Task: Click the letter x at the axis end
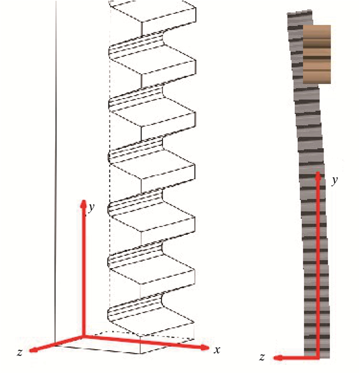(x=217, y=350)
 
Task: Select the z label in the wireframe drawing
(x=20, y=352)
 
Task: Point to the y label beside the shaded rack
(x=335, y=180)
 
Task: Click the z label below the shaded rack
(x=262, y=357)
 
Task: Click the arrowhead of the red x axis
(x=205, y=347)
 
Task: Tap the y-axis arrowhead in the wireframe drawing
(x=83, y=204)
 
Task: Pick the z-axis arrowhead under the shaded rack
(x=278, y=358)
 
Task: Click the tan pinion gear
(x=317, y=54)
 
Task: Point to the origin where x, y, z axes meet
(x=83, y=337)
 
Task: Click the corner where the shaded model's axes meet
(x=318, y=358)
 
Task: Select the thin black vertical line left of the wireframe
(x=56, y=172)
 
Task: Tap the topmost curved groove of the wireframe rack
(x=137, y=44)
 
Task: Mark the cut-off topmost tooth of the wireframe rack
(x=153, y=12)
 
